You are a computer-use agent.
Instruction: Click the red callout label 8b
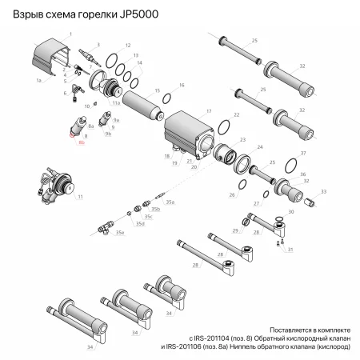82,141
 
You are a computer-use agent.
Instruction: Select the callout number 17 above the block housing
208,111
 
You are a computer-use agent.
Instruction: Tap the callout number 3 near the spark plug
98,44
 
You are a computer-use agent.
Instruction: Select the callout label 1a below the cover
38,81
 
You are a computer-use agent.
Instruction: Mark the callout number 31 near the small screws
290,250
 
